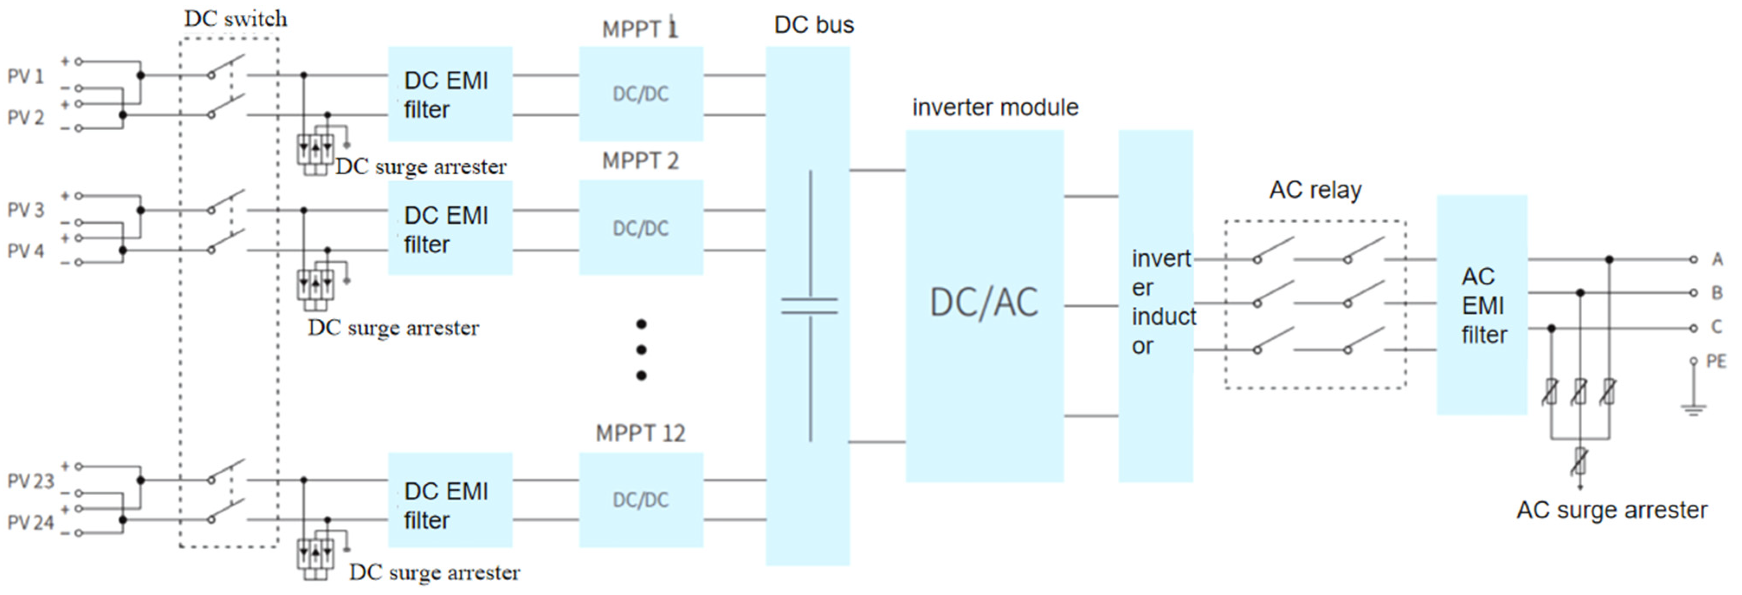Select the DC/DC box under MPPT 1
(x=640, y=93)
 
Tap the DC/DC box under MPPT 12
(x=640, y=500)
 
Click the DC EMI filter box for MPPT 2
(x=450, y=228)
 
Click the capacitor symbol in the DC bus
(x=810, y=306)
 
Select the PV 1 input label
(x=25, y=77)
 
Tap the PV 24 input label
(x=30, y=523)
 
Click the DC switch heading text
(x=235, y=19)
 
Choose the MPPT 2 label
(x=640, y=161)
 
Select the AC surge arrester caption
(x=1612, y=510)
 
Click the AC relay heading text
(x=1315, y=190)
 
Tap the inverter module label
(x=995, y=107)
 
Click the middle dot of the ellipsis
(x=641, y=350)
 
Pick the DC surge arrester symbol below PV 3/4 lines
(x=315, y=284)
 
